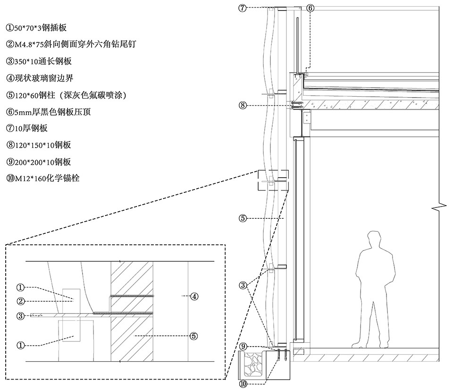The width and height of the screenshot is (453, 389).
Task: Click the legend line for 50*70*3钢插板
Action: (x=36, y=28)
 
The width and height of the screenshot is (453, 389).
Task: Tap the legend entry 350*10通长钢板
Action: (x=39, y=61)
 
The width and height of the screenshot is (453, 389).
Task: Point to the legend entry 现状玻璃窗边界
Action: (x=40, y=78)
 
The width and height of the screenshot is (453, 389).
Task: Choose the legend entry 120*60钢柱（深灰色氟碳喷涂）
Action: (x=67, y=95)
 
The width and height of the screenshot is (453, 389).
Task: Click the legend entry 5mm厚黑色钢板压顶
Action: (x=49, y=112)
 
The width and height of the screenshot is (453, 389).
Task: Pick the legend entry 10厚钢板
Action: (x=27, y=128)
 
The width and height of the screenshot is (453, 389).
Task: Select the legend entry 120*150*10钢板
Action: (x=39, y=145)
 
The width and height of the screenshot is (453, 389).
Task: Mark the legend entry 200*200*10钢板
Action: (x=39, y=162)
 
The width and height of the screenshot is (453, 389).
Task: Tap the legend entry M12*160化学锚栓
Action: (x=43, y=178)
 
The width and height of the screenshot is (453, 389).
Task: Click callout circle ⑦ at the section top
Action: (x=243, y=8)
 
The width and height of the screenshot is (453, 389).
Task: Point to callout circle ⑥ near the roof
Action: (x=310, y=8)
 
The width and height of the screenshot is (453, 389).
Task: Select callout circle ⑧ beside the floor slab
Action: (x=243, y=105)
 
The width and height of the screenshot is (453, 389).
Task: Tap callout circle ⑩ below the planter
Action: (x=243, y=384)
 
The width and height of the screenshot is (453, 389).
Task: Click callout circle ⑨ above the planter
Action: (x=243, y=346)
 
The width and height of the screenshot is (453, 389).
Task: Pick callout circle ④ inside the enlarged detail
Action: (x=194, y=296)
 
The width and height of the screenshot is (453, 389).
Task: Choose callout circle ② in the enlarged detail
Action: (x=20, y=301)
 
